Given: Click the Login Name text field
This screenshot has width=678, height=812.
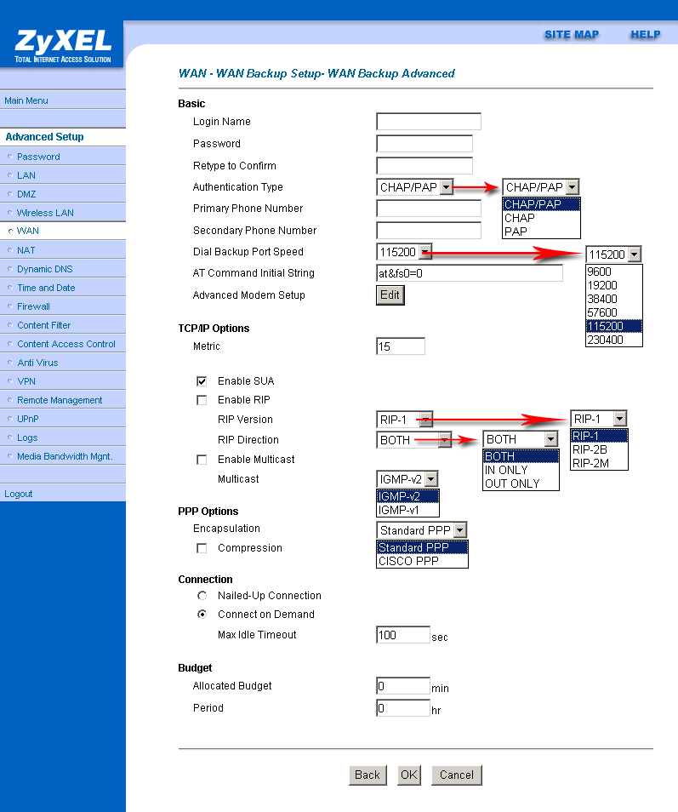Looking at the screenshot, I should [x=428, y=122].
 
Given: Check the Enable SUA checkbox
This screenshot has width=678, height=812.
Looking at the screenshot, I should [x=202, y=381].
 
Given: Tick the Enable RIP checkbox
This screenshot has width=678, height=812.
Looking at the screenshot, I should [x=202, y=400].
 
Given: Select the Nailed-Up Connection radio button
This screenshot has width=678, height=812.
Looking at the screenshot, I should [x=202, y=596].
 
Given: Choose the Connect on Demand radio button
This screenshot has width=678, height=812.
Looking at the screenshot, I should [x=202, y=615].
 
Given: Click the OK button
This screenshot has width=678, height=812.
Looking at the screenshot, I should [x=409, y=775].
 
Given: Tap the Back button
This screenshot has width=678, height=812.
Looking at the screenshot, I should [x=367, y=775].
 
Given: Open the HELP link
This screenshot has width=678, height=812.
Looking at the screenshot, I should [x=645, y=35].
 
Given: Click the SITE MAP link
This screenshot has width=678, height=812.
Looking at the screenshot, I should [x=571, y=35].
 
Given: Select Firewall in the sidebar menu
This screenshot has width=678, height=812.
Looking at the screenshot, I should [x=33, y=306].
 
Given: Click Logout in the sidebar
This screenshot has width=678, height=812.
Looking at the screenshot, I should [x=18, y=494].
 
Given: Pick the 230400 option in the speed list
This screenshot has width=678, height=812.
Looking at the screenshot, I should [x=605, y=340].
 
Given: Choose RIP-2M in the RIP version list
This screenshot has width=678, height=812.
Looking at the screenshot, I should [x=590, y=463].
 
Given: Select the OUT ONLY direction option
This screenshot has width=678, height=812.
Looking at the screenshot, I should [x=512, y=483].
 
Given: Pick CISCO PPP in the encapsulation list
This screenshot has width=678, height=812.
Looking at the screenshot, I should [x=407, y=561].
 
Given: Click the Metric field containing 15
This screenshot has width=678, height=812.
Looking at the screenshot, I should [x=400, y=346].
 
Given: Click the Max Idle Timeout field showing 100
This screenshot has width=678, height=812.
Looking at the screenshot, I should [x=402, y=635].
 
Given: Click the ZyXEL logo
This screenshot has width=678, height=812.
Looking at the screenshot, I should [x=62, y=46].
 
